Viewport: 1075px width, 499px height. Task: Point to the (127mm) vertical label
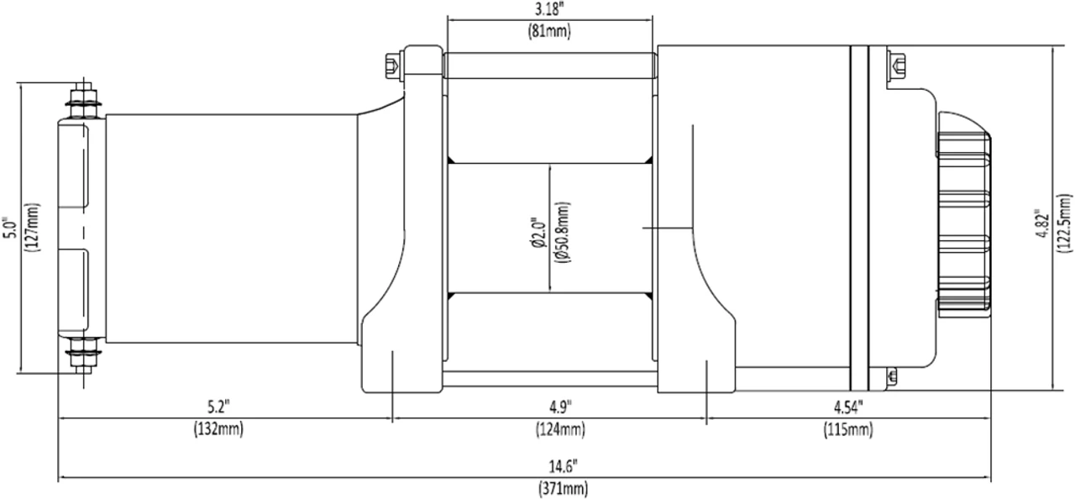click(32, 228)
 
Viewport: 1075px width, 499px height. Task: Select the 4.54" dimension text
click(848, 408)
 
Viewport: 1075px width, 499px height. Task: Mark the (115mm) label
click(848, 430)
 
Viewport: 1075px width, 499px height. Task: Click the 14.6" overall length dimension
click(563, 466)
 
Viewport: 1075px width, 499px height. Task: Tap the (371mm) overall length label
click(563, 488)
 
